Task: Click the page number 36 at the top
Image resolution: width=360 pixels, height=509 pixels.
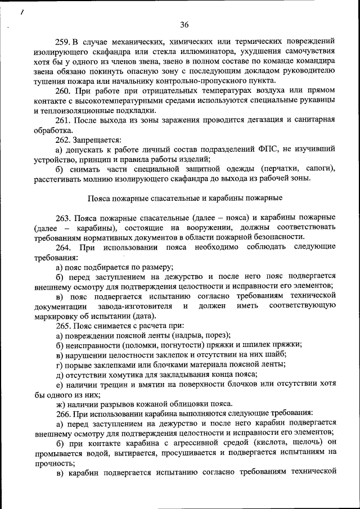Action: tap(184, 24)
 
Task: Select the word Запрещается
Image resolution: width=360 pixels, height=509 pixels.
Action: tap(96, 139)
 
